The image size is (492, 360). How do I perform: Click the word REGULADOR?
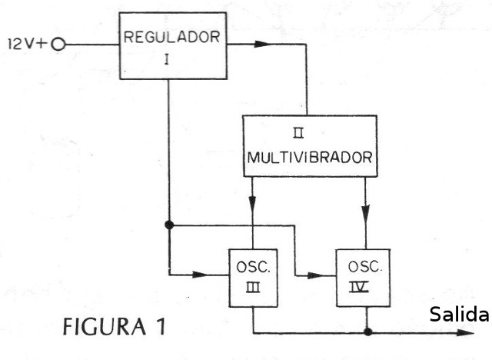click(171, 37)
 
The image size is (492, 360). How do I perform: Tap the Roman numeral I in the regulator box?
click(167, 59)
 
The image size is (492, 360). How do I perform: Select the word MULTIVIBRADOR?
click(310, 157)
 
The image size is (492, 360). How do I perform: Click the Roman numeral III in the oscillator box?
click(253, 288)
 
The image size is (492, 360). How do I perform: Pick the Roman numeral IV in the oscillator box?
click(359, 288)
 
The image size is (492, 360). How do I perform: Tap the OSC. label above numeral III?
click(253, 267)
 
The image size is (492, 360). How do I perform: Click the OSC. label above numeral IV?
click(365, 266)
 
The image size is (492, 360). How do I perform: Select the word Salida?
click(459, 314)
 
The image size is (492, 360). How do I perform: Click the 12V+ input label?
click(27, 45)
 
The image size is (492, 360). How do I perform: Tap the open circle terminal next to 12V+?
click(58, 45)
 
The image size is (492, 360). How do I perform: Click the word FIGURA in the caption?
click(105, 327)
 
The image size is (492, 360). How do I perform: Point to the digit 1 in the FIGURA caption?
click(161, 326)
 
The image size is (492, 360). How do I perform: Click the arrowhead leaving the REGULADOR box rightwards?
click(263, 44)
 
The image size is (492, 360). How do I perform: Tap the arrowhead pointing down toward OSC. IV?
click(366, 213)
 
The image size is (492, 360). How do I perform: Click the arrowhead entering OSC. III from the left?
click(201, 275)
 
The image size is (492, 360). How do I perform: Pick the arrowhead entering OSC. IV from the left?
click(316, 275)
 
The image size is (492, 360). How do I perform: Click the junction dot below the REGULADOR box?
click(169, 225)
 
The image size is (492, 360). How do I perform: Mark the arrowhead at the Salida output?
click(465, 333)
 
